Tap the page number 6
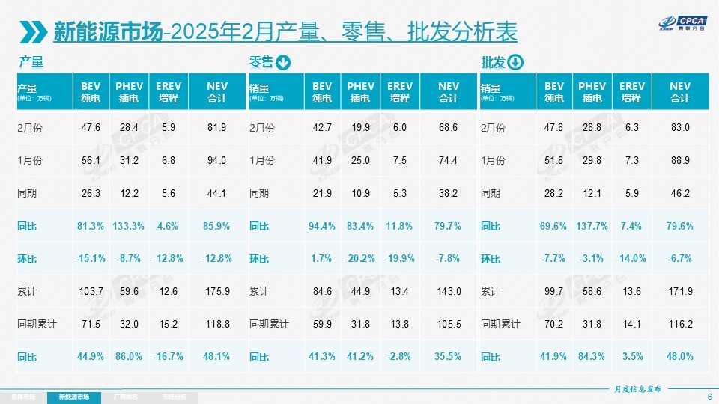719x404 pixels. [x=709, y=396]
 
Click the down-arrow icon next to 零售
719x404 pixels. [x=283, y=62]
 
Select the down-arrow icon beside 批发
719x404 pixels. [x=515, y=62]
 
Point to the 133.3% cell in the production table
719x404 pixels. [x=130, y=226]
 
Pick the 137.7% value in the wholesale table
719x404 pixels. [x=592, y=226]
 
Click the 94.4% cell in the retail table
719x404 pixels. [x=321, y=226]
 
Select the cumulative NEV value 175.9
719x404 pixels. [x=216, y=292]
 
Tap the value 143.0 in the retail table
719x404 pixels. [x=448, y=292]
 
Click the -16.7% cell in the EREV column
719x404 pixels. [x=169, y=357]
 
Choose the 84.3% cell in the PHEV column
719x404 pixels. [x=592, y=357]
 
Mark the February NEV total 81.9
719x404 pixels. [x=216, y=127]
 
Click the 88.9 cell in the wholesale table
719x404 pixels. [x=679, y=160]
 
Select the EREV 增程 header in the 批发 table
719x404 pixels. [x=631, y=92]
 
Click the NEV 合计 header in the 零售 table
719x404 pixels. [x=448, y=92]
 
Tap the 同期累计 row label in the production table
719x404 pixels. [x=37, y=325]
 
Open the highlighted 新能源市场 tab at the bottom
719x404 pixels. [x=74, y=396]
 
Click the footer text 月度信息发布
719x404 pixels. [x=637, y=388]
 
